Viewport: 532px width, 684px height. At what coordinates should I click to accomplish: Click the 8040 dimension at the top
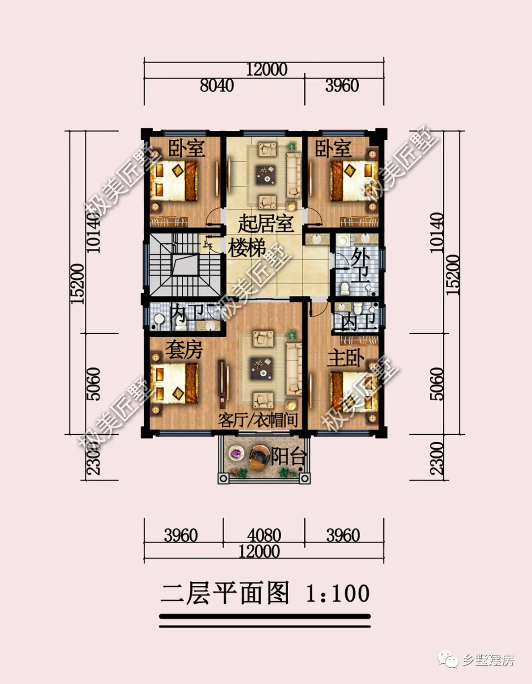(217, 86)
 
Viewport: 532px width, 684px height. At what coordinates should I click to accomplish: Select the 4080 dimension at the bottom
(264, 535)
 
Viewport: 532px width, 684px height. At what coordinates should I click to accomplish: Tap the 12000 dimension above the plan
(266, 69)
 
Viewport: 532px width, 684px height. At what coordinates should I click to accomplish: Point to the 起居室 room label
(266, 224)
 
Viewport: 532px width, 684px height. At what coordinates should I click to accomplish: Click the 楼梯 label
(247, 248)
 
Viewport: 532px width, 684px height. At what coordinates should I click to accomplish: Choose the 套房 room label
(184, 350)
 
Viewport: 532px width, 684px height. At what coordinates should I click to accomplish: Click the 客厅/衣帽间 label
(258, 420)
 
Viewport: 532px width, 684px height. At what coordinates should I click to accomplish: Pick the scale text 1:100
(337, 593)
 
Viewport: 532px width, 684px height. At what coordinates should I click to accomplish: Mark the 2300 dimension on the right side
(437, 458)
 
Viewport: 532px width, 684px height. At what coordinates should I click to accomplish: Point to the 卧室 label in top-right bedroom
(333, 148)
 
